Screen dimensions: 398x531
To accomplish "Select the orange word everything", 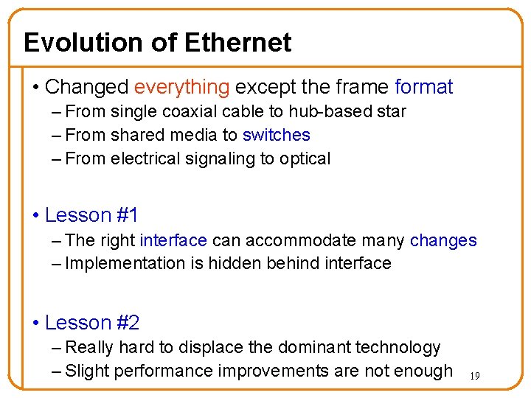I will (x=181, y=87).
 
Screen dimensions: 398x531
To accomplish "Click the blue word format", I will (x=423, y=87).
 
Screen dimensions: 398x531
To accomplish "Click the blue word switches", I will (x=276, y=135).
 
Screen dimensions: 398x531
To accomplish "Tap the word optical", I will (x=305, y=158).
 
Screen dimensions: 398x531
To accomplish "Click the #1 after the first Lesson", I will (x=127, y=215).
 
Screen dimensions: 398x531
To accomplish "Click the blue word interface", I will (x=173, y=240).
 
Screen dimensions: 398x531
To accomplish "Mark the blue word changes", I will (x=443, y=240).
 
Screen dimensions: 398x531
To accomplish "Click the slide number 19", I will (x=475, y=377).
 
